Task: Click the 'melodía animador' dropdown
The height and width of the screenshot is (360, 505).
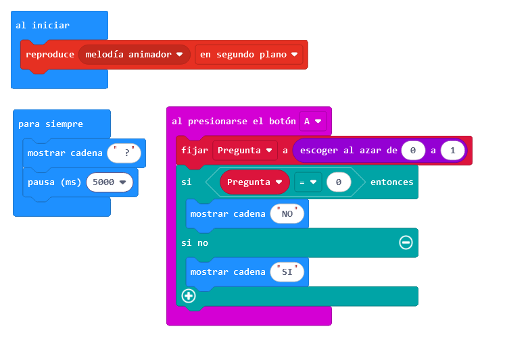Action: (134, 55)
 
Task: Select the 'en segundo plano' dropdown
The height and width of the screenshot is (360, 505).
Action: (248, 55)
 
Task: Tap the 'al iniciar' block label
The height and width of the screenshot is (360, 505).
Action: (43, 25)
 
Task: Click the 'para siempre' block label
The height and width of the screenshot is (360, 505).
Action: (51, 124)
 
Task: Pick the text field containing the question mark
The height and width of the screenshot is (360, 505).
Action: (124, 153)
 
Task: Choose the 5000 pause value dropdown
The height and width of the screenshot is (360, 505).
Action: (110, 182)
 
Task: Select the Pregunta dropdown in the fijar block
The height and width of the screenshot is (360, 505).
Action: (245, 151)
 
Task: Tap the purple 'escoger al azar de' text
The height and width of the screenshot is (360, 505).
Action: (349, 151)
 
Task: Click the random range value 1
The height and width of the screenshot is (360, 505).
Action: (452, 151)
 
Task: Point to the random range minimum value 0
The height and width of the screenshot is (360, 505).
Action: (412, 151)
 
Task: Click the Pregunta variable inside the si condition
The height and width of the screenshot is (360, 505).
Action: (254, 182)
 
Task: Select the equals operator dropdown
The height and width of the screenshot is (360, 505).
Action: (308, 182)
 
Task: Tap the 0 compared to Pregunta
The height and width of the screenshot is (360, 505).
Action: (338, 182)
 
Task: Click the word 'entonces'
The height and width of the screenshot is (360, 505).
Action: (392, 182)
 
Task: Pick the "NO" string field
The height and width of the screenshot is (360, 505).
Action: (287, 214)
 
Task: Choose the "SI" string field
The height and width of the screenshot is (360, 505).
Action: (287, 272)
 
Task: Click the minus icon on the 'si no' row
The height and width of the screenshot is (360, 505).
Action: (406, 242)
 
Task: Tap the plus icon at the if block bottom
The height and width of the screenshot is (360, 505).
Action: (189, 296)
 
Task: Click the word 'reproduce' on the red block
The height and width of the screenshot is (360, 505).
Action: (50, 55)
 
